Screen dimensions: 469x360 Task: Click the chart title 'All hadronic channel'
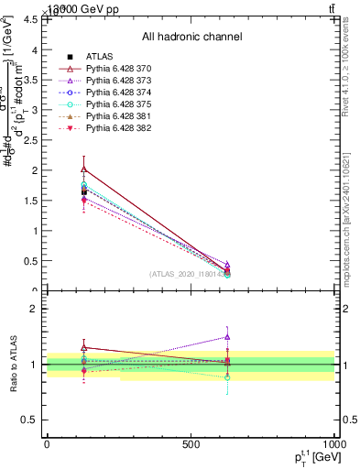[191, 38]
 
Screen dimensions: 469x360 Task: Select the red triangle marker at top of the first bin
[84, 169]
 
